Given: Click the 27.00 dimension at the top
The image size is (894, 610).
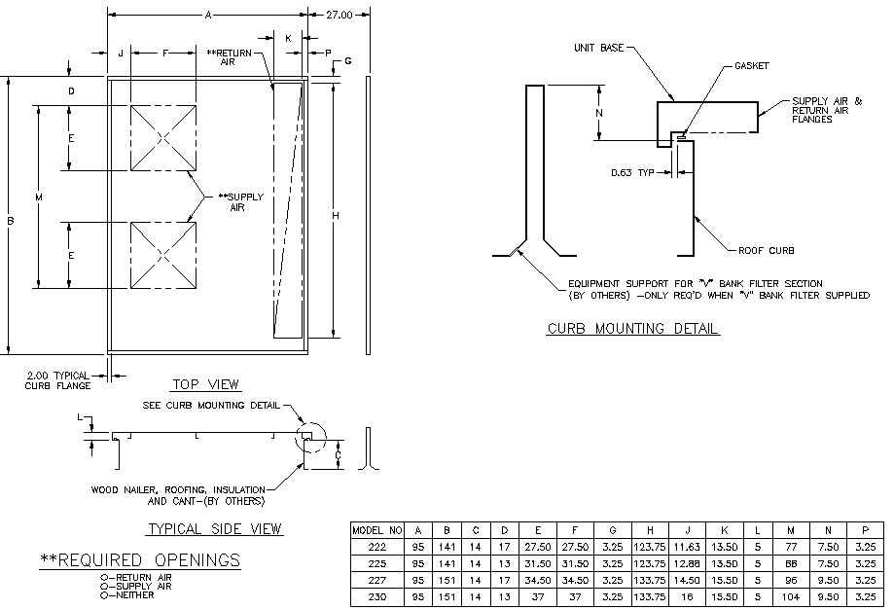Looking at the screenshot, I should coord(340,16).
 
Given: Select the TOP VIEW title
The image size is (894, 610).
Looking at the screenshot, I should coord(205,384).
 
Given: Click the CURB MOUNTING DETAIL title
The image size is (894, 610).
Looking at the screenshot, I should coord(632,329).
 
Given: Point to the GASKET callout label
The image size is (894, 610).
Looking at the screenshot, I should coord(752,66).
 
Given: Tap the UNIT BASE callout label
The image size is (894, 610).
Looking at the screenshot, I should coord(597,46).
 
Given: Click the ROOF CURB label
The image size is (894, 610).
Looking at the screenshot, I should coord(761,249).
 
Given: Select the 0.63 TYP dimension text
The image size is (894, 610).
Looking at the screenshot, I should coord(633,172).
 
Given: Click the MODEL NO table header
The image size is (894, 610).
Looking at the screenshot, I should coord(376,531).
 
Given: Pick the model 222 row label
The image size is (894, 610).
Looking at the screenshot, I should coord(376,548).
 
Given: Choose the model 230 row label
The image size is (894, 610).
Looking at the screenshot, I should coord(376,597).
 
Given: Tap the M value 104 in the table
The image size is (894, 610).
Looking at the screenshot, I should coord(791,597).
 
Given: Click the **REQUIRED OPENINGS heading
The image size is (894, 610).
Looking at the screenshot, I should coord(139,559).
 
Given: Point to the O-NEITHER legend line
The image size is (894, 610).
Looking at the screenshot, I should coord(127,595).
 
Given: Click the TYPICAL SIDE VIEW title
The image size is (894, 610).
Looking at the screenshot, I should coord(214,529).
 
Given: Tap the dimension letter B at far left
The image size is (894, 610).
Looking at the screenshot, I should coord(10,222).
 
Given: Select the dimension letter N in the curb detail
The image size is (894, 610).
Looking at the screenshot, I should coord(598,112).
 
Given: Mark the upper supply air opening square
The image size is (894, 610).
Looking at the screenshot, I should coord(163,137).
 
